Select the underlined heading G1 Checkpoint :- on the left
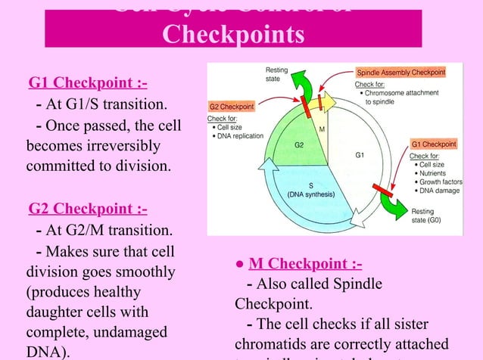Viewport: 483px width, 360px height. pos(88,82)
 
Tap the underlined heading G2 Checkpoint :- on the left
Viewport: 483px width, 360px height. pos(88,209)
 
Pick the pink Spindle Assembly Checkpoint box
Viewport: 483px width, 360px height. pos(400,72)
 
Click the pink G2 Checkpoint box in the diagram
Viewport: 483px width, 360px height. pos(232,107)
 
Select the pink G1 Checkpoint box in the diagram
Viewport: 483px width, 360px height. pos(433,144)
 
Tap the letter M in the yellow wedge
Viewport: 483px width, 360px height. pos(322,129)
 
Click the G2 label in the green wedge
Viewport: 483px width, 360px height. pos(299,144)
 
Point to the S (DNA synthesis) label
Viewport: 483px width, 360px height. pos(311,190)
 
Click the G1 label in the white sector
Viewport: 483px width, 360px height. pos(360,156)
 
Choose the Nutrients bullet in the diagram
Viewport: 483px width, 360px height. pos(435,173)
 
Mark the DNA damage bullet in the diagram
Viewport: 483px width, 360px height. pos(438,191)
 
